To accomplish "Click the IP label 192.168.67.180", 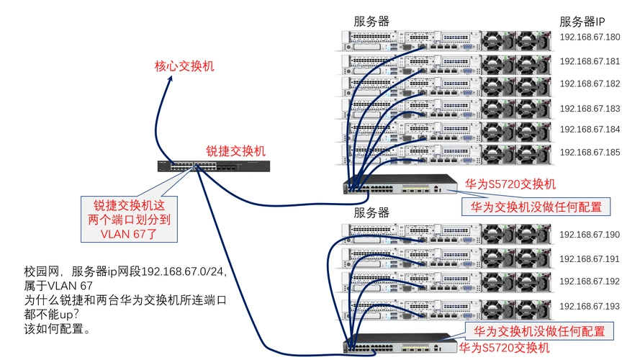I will coord(590,38).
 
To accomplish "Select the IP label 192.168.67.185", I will coord(590,153).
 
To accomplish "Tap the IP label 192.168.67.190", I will coord(590,235).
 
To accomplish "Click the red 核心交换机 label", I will coord(184,67).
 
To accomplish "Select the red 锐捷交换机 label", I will coord(236,151).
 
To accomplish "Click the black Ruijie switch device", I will coord(215,166).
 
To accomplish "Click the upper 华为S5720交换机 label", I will coord(510,184).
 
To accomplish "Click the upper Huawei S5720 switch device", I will coord(400,184).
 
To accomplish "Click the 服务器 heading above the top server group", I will coord(371,22).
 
